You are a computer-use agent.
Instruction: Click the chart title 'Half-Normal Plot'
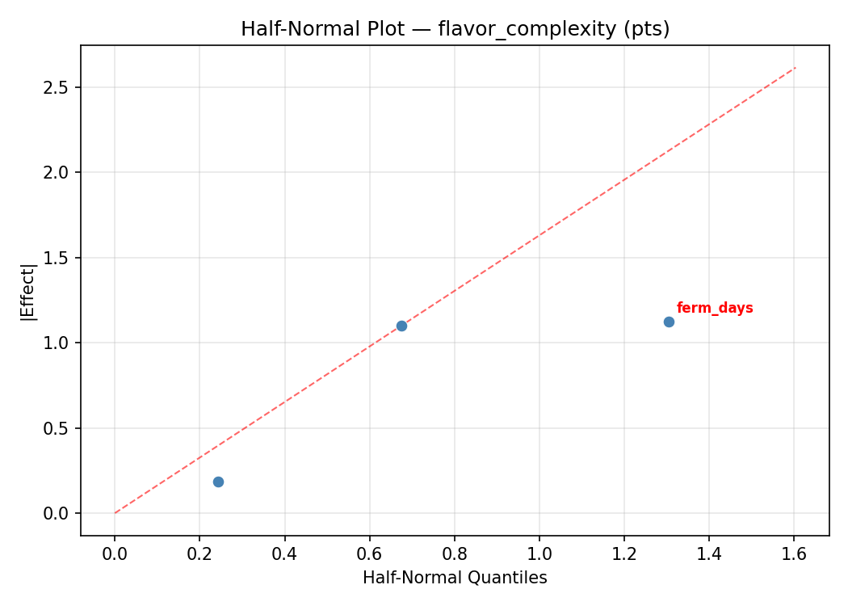[x=322, y=29]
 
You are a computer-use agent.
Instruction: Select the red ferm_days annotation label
[x=715, y=308]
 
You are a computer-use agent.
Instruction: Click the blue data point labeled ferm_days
[x=669, y=322]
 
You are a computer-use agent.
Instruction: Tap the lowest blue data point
[x=218, y=482]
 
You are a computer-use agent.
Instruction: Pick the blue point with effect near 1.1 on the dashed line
[x=401, y=326]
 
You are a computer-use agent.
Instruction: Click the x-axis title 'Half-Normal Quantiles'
[x=455, y=578]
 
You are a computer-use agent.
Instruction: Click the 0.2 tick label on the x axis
[x=199, y=554]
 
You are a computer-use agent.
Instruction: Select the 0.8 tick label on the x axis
[x=455, y=554]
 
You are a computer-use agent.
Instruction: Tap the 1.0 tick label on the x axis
[x=539, y=554]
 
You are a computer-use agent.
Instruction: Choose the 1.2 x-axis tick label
[x=624, y=554]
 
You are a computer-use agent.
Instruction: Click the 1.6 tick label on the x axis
[x=794, y=554]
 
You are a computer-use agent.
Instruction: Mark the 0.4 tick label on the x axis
[x=284, y=554]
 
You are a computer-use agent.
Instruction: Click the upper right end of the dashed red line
[x=796, y=67]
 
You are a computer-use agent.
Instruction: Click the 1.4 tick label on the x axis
[x=709, y=554]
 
